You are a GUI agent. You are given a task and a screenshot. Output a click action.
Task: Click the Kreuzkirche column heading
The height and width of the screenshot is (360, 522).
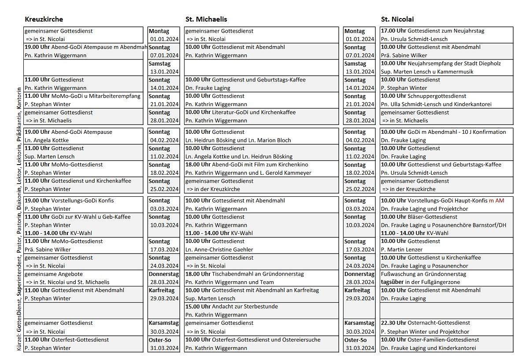(44, 19)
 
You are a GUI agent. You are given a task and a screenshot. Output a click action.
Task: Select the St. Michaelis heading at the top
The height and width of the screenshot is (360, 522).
(206, 19)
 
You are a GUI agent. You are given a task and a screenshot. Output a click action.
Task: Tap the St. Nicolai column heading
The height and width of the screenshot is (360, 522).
(397, 19)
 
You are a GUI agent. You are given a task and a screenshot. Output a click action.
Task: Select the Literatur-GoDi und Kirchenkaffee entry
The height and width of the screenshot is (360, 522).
(254, 112)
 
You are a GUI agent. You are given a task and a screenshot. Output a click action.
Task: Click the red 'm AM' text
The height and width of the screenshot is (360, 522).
(496, 201)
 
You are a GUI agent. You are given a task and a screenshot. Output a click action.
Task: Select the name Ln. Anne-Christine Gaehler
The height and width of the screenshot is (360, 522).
(219, 250)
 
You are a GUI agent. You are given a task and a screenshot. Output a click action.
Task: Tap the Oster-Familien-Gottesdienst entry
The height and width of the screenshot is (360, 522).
(443, 340)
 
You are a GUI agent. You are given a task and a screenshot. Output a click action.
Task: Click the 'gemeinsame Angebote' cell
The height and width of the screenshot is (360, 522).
(54, 274)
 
